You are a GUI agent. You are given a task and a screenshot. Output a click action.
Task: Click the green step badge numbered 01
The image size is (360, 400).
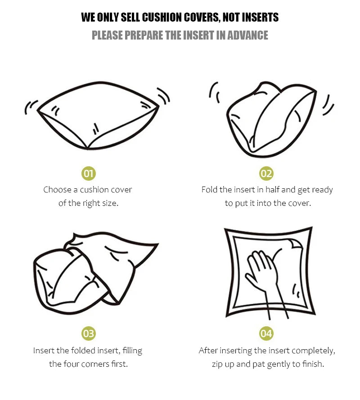88,173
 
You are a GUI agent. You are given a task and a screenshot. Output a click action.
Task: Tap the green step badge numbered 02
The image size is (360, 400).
266,173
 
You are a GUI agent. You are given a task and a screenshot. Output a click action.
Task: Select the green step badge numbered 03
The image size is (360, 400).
88,333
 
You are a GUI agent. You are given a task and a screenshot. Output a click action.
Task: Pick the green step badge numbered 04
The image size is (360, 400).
266,333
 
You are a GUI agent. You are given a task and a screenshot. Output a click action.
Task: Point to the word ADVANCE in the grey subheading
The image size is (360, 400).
247,35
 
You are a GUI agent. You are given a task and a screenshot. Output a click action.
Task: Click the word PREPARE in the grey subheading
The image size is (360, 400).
144,35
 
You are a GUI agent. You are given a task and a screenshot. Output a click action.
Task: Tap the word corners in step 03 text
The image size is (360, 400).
95,364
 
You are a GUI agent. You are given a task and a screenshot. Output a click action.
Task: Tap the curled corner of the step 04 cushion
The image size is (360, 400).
295,244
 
